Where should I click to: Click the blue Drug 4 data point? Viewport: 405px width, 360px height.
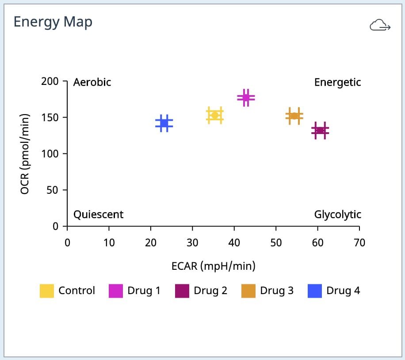coord(164,123)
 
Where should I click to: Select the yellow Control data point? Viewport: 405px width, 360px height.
coord(215,115)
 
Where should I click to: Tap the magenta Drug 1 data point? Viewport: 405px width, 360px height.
coord(246,98)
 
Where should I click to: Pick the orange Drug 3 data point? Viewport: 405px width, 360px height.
coord(294,116)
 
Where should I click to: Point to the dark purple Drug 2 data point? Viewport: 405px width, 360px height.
coord(321,130)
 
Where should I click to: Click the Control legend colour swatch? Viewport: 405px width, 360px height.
coord(47,291)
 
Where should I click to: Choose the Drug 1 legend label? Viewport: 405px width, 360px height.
coord(144,291)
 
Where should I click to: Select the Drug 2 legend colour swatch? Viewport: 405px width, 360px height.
coord(182,291)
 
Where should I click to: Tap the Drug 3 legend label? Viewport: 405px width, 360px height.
coord(276,291)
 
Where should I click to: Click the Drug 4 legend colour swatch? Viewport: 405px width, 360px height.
coord(314,291)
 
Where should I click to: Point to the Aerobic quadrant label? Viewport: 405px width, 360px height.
coord(92,82)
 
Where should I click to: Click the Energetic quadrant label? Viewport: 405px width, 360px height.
coord(337,82)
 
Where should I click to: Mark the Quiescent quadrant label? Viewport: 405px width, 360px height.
coord(98,214)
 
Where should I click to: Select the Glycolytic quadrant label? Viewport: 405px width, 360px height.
coord(337,214)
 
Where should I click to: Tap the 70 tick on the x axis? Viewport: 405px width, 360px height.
coord(359,243)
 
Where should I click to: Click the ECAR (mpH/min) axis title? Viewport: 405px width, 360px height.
coord(214,266)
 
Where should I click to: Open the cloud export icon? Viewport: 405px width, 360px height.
coord(380,26)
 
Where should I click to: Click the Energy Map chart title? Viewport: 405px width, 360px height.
coord(53,22)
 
